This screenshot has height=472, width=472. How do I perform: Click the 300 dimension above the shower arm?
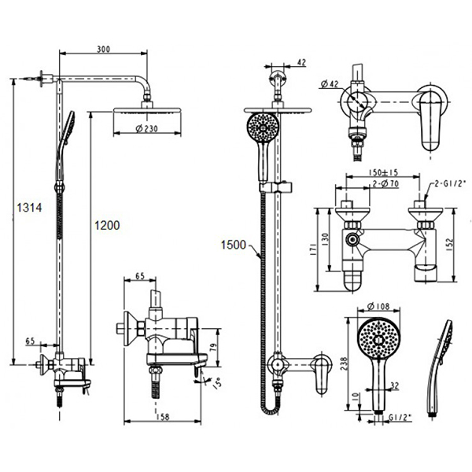(104, 49)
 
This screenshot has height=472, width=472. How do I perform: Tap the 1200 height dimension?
(107, 225)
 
